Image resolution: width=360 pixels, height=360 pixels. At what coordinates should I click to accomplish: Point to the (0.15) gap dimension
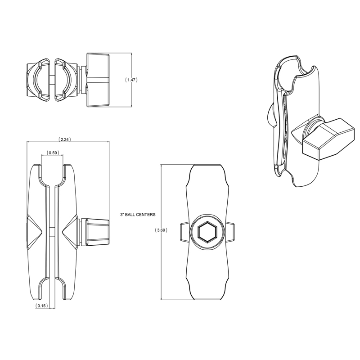tap(41, 306)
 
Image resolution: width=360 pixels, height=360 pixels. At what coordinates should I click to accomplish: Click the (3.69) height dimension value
tap(161, 230)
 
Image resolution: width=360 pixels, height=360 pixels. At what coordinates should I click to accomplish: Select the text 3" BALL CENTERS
tap(138, 215)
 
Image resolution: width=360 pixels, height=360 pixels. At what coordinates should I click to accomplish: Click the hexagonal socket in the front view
tap(208, 233)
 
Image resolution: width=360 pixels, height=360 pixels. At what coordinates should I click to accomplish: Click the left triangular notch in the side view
tap(35, 230)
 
